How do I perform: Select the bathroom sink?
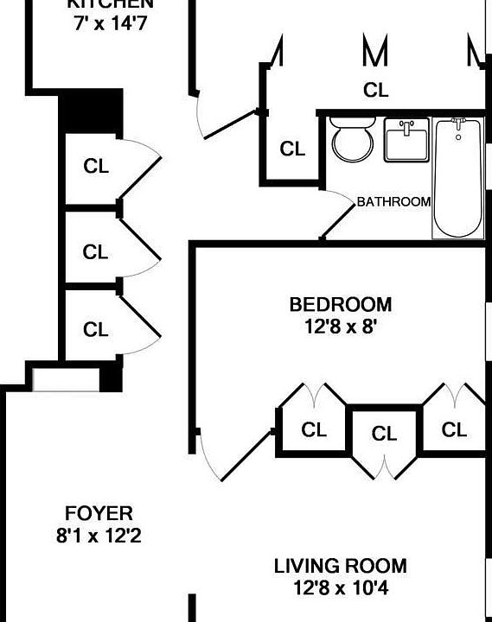click(406, 140)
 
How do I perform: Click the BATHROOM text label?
click(393, 202)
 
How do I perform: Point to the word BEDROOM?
click(340, 305)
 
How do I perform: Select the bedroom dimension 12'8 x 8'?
click(340, 327)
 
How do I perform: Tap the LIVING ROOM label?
click(340, 567)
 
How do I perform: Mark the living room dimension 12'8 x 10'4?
click(340, 589)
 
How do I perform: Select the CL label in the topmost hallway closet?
click(96, 167)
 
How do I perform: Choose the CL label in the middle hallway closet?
click(95, 252)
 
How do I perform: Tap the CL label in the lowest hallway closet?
click(95, 329)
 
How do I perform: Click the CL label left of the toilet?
click(293, 149)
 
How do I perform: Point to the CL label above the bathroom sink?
click(375, 90)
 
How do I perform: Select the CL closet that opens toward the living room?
click(385, 435)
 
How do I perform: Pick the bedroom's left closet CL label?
click(313, 429)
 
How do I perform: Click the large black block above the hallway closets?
click(91, 112)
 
